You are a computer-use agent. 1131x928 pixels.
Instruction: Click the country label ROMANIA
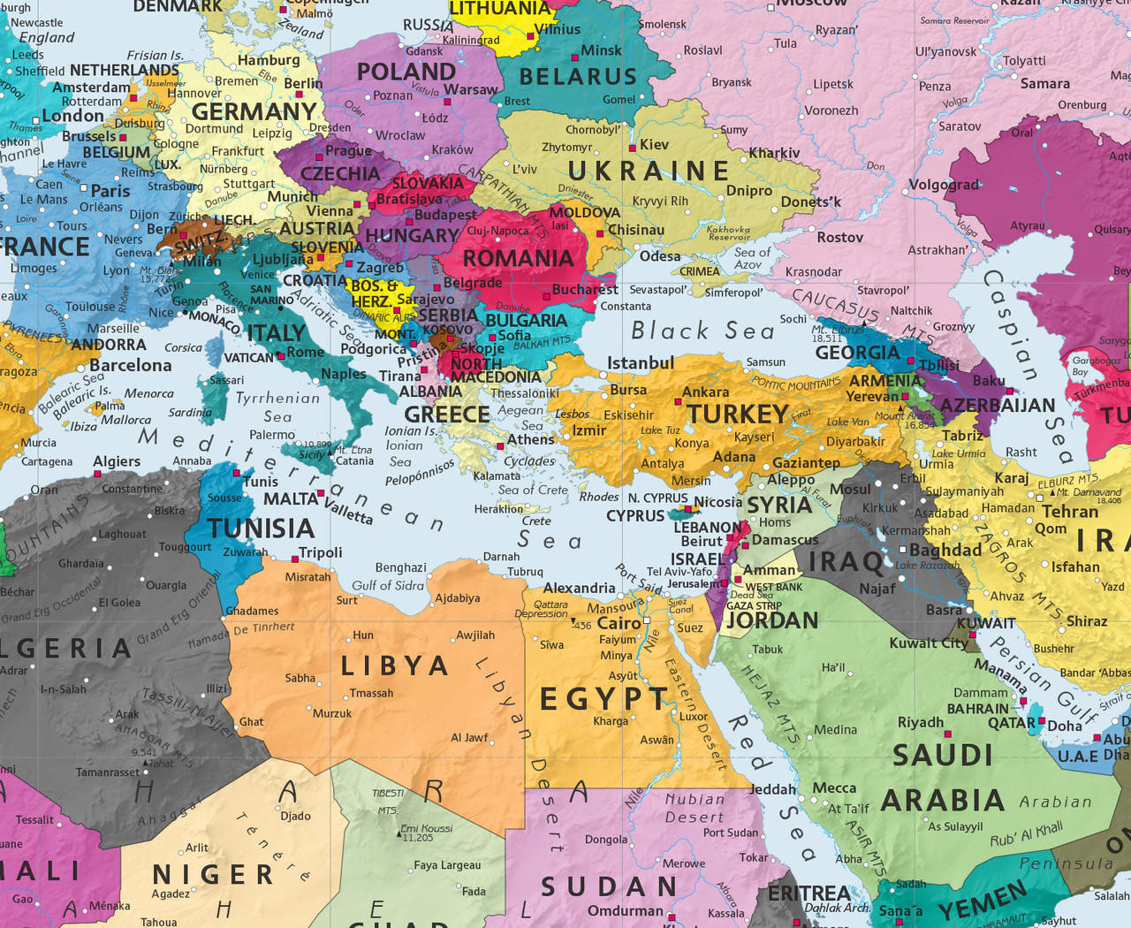519,258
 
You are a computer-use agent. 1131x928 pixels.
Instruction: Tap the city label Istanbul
641,362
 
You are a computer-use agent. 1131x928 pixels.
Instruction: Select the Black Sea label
702,331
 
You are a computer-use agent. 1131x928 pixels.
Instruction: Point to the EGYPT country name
604,699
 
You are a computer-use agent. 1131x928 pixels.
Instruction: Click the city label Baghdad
945,550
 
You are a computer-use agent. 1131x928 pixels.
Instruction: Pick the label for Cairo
619,622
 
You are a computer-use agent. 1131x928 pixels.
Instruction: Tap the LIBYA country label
395,666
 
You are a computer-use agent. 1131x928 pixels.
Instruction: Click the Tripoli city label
320,552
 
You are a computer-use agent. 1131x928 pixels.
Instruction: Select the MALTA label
291,498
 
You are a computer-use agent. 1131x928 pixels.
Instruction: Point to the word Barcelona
130,364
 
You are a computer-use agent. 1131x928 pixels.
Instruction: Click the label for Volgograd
944,185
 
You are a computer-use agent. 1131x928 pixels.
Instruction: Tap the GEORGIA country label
857,353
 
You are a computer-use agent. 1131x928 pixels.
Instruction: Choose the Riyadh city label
921,722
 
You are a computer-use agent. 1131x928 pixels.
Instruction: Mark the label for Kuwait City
929,643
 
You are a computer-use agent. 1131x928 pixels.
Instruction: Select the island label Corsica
183,347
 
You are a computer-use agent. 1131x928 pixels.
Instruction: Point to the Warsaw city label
470,89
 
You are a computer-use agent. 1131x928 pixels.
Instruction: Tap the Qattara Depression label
551,609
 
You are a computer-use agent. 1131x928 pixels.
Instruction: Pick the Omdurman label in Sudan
625,910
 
